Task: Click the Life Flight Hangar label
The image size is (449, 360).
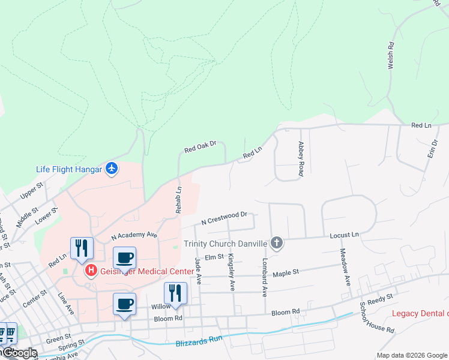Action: [68, 169]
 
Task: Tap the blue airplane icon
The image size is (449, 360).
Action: [111, 169]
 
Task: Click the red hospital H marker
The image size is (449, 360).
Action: [91, 271]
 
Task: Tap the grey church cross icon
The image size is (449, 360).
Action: [276, 243]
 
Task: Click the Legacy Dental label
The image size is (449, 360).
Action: [420, 314]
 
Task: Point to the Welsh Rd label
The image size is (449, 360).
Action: [391, 55]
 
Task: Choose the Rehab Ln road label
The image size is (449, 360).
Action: [178, 200]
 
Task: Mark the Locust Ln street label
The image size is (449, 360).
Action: [344, 235]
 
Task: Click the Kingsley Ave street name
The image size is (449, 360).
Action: [231, 272]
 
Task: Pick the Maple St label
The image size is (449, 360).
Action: [286, 273]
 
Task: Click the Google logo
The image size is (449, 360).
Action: [19, 353]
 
